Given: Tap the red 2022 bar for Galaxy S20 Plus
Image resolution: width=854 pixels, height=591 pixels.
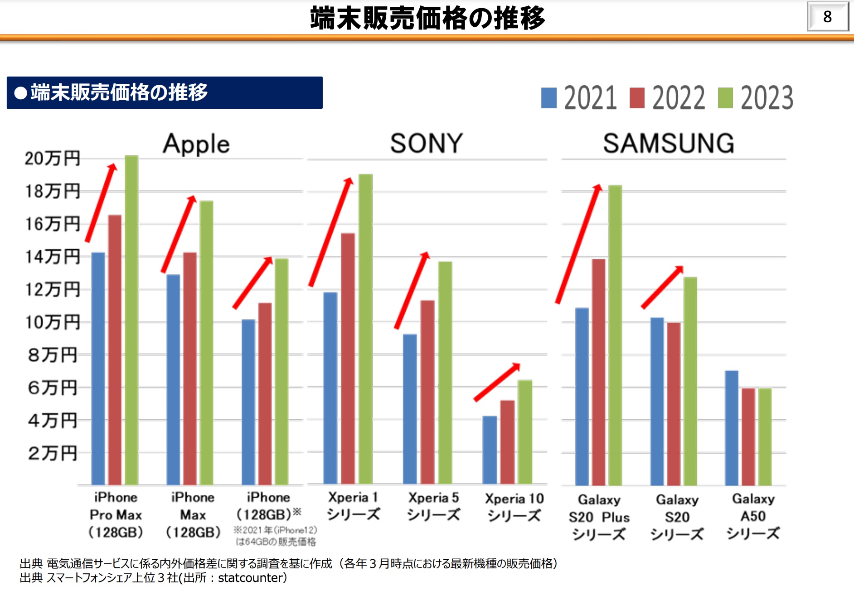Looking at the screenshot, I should point(598,372).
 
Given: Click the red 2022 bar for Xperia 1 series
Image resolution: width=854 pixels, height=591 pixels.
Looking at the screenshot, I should point(348,358).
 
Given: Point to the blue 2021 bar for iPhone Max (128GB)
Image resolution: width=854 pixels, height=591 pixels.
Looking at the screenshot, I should point(173,379).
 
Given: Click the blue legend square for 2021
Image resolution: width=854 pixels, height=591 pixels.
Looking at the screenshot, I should point(549,98).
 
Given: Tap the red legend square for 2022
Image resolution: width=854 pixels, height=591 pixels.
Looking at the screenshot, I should point(637,98).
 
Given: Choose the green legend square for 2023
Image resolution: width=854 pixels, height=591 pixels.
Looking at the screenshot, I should point(725,98).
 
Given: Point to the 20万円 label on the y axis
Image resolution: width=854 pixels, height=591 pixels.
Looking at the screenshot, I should point(53,159).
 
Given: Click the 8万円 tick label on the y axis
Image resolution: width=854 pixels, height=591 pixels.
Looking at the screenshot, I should point(53,355).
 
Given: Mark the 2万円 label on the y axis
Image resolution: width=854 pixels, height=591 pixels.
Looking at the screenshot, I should point(53,453).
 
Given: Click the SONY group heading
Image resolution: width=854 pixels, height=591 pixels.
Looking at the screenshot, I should point(426,144).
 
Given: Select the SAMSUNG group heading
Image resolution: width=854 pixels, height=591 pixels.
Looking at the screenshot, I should point(669,144).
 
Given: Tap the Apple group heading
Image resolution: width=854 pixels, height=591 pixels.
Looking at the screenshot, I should point(196,145).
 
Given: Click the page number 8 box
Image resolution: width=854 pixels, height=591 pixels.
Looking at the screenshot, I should point(828,17).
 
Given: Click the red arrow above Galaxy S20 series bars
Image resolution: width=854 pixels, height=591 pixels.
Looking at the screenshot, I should point(662,287).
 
